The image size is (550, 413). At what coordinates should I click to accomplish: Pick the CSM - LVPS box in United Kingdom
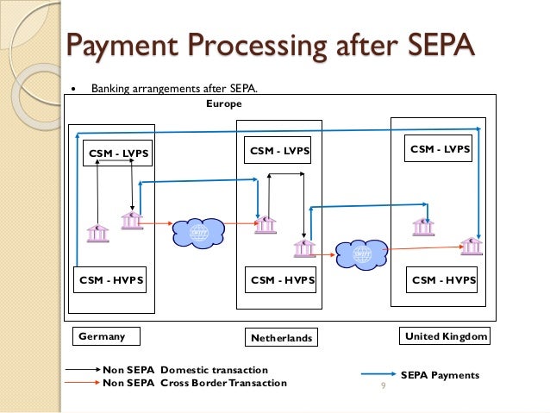pyautogui.click(x=440, y=149)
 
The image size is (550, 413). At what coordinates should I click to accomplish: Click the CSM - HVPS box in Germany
pyautogui.click(x=111, y=280)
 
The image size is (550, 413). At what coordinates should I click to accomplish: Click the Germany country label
pyautogui.click(x=102, y=336)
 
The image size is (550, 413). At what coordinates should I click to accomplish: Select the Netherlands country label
pyautogui.click(x=282, y=337)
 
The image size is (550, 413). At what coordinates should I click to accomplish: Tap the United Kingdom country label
pyautogui.click(x=445, y=335)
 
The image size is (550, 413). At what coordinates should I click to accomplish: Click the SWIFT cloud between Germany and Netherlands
pyautogui.click(x=198, y=231)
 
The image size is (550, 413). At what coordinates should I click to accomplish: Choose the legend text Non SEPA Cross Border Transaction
pyautogui.click(x=195, y=383)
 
